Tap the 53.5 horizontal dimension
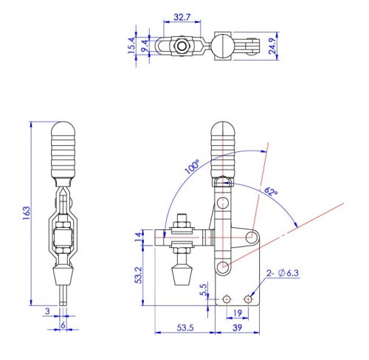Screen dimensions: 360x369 pyautogui.click(x=186, y=328)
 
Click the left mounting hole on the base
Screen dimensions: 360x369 pyautogui.click(x=228, y=299)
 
